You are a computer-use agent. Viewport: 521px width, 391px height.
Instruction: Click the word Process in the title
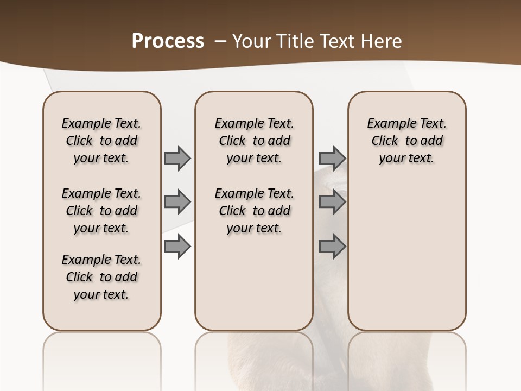point(168,41)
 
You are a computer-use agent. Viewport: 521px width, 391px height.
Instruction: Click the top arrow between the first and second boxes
point(177,158)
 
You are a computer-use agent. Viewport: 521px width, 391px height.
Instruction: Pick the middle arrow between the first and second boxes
point(177,203)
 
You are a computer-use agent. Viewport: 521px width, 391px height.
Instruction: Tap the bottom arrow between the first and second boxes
point(177,247)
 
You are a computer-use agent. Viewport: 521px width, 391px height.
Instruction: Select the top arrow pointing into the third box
point(332,158)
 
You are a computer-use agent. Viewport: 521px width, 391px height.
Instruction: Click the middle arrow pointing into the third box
point(332,203)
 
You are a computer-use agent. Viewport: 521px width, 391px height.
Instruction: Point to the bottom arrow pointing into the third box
point(332,247)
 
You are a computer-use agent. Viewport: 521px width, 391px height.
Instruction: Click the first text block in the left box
point(101,141)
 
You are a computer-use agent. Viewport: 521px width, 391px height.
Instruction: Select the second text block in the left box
point(101,211)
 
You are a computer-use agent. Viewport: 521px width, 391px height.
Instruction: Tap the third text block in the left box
point(101,277)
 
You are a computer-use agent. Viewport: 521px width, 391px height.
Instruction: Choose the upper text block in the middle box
point(254,141)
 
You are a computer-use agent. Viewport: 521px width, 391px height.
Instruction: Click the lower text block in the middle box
point(254,211)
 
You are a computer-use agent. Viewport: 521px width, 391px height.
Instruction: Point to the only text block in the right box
point(406,141)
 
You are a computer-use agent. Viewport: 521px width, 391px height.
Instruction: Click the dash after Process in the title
point(220,41)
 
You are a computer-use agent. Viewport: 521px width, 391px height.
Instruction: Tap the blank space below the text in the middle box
point(254,282)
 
